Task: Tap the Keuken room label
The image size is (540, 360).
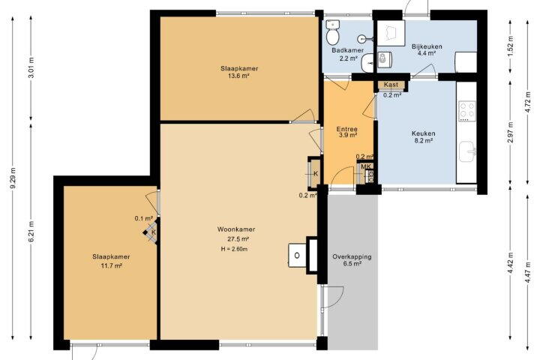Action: (423, 133)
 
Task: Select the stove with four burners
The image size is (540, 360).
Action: (467, 111)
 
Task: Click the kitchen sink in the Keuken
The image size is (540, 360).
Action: (468, 151)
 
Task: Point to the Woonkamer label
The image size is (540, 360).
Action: (236, 229)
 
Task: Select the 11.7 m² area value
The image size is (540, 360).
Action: (111, 265)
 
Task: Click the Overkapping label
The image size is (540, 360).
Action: (352, 256)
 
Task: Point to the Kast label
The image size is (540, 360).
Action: (391, 85)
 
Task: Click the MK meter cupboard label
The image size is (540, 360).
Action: (366, 166)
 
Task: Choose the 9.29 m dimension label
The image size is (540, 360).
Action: (13, 178)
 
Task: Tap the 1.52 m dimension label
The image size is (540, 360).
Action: (511, 46)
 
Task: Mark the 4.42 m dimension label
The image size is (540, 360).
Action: (511, 263)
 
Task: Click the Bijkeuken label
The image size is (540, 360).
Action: (427, 46)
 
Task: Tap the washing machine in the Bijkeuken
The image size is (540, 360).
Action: (383, 61)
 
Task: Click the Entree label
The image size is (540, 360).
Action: (346, 129)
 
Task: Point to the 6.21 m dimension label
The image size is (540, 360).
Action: (31, 232)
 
